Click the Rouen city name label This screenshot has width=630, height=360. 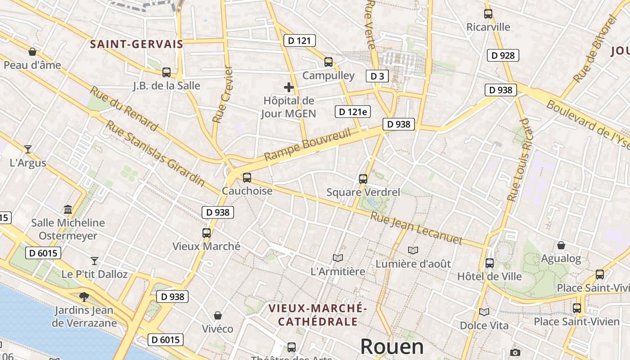point(392,346)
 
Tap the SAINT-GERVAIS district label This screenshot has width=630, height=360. point(137,44)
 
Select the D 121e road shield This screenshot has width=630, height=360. point(353,112)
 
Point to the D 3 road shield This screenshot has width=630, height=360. point(377,76)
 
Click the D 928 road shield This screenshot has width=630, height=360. point(503,55)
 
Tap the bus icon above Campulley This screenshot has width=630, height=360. point(328,62)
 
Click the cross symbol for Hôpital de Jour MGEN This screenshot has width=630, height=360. point(289,87)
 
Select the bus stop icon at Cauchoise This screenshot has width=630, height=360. point(247,178)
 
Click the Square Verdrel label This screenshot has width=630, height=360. point(363,192)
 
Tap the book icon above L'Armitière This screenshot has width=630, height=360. point(338,258)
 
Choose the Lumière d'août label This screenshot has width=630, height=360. point(413,264)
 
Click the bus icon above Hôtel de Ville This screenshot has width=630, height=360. point(490,263)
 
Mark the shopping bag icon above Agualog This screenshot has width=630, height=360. point(561,245)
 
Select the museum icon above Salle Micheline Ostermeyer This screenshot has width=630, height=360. point(68,209)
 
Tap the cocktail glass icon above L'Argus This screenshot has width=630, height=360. point(28,149)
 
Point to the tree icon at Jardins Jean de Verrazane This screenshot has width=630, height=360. point(84,297)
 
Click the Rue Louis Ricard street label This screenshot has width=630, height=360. point(519,160)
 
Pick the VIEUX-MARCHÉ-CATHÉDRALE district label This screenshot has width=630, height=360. point(318,315)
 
